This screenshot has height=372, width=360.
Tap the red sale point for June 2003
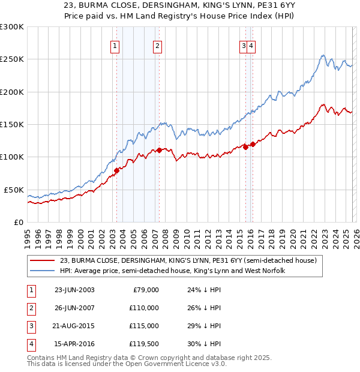116,170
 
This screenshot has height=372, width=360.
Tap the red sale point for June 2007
159,151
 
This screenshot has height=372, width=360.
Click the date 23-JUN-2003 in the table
74,290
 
